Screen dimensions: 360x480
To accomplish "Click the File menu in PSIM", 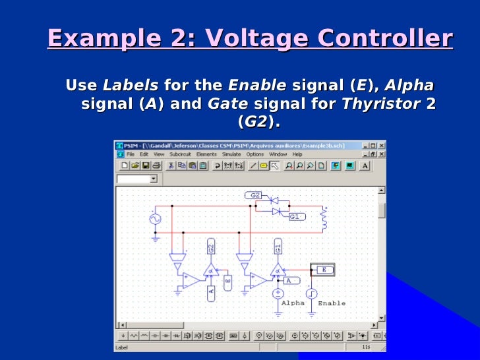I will (130, 154).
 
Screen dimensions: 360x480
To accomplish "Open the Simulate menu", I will (231, 154).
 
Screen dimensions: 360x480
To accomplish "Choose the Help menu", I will (297, 154).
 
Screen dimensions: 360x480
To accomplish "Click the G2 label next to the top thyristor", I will (256, 195).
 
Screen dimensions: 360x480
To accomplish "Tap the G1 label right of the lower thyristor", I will (295, 216).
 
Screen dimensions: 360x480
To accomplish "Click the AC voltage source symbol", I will (156, 218).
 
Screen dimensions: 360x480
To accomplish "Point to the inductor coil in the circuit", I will (324, 221).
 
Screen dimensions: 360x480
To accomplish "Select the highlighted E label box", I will (323, 269).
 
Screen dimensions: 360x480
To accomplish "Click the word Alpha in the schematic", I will (293, 303).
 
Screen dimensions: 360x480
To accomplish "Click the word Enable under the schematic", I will (331, 303).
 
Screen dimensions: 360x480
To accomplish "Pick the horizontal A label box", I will (289, 281).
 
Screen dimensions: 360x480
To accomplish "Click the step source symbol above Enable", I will (311, 293).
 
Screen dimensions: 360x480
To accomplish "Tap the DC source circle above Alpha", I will (278, 293).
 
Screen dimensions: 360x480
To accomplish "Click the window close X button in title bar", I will (382, 145).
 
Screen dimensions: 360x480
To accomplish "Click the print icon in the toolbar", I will (156, 165).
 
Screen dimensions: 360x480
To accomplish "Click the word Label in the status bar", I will (122, 347).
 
